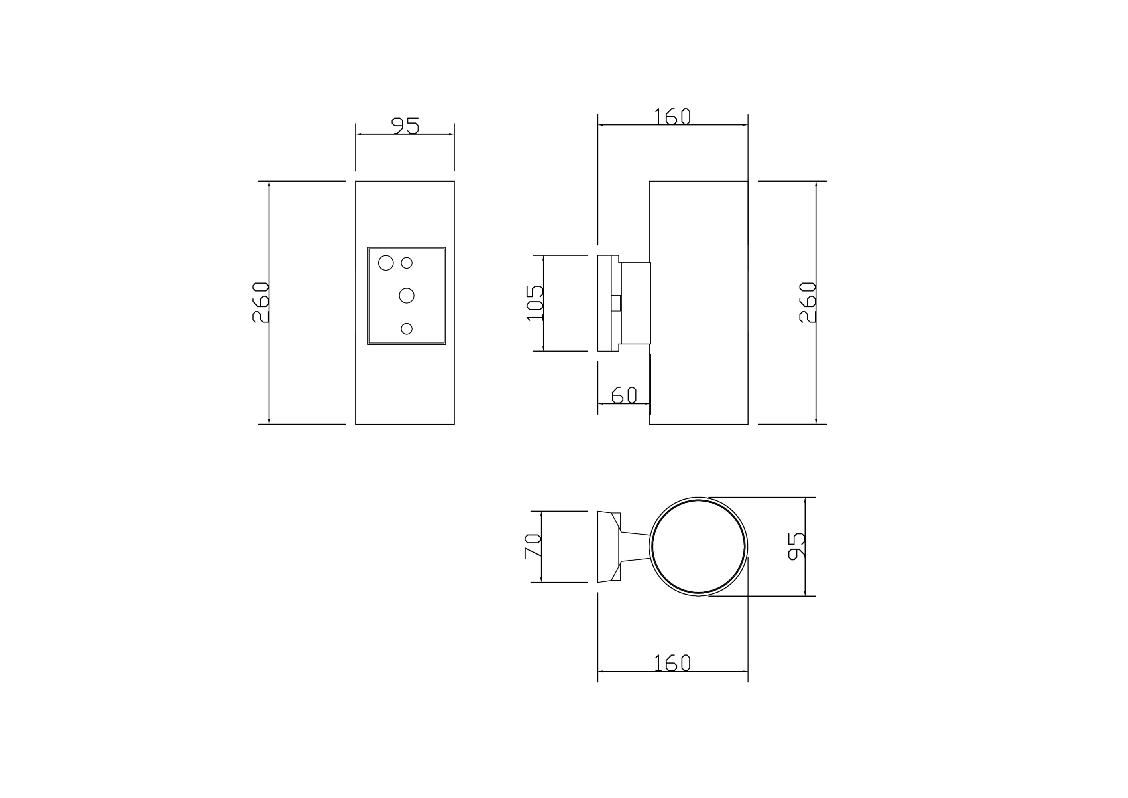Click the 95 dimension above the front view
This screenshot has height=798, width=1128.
pos(405,125)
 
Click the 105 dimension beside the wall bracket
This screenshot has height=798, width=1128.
pos(535,302)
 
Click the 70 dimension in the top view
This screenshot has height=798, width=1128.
pos(533,546)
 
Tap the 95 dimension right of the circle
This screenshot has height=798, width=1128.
pos(796,546)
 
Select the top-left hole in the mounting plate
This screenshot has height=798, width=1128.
pos(386,263)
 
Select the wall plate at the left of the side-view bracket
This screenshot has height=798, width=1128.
pos(604,303)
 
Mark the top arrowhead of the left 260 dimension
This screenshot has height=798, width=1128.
pos(269,184)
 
